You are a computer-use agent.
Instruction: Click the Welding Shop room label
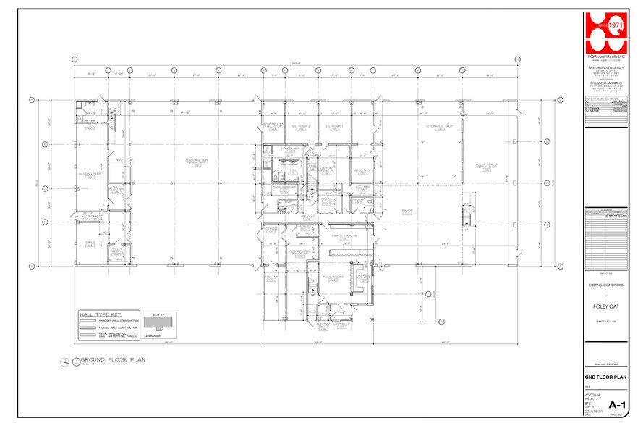point(89,175)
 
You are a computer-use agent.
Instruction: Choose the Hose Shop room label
point(362,171)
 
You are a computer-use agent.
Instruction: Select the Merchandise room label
point(333,277)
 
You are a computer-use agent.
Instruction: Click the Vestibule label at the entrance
point(343,325)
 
